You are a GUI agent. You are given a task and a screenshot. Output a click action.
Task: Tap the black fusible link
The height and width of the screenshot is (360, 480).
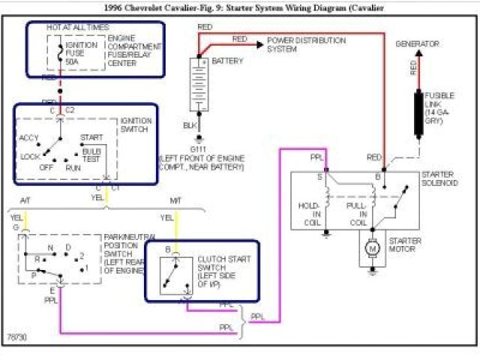coord(418,114)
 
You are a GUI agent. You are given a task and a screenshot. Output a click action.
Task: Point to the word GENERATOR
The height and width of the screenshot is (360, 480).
coord(417,44)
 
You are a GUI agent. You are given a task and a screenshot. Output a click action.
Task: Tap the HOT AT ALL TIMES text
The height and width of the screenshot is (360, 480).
coord(77,27)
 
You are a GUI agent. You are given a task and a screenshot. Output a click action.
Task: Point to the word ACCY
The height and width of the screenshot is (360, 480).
coord(29,138)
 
